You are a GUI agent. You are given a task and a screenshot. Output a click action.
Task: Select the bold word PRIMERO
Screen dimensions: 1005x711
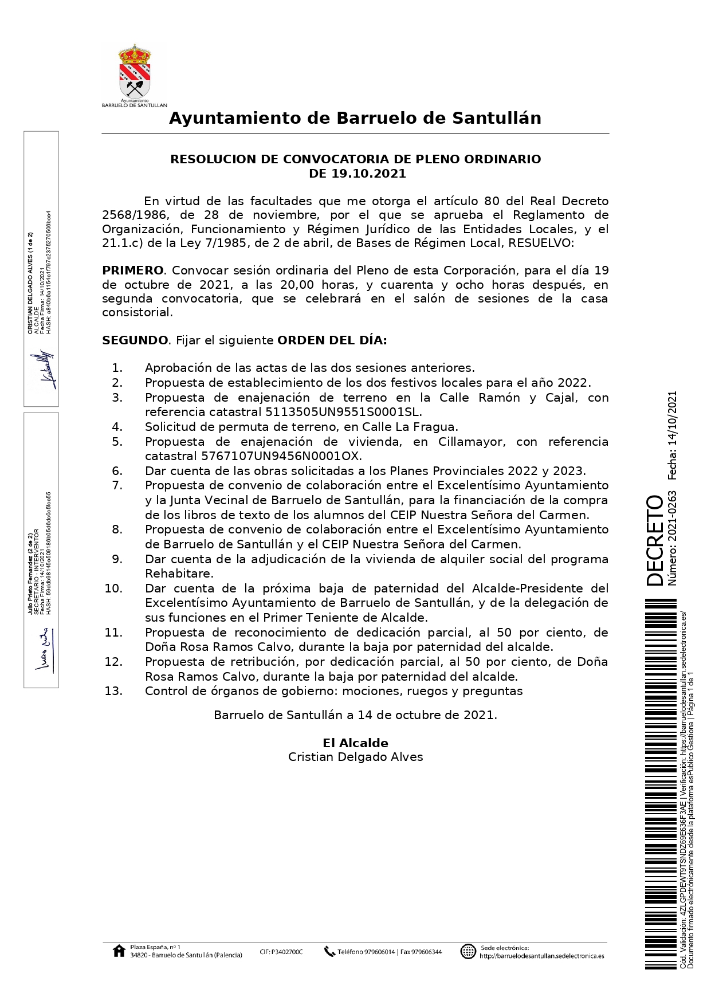[x=132, y=270]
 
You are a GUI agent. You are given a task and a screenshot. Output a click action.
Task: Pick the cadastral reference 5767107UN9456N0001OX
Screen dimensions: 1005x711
[x=282, y=456]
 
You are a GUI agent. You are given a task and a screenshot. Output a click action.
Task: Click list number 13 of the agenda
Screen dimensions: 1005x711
[x=113, y=691]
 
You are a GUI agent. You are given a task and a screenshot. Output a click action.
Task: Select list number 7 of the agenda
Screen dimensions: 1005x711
[x=117, y=485]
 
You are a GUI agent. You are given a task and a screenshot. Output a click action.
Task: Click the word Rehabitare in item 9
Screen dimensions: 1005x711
[x=179, y=574]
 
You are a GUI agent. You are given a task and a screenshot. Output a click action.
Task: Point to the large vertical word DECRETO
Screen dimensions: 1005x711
[x=654, y=541]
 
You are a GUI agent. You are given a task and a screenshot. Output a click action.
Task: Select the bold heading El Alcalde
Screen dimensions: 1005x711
[x=355, y=743]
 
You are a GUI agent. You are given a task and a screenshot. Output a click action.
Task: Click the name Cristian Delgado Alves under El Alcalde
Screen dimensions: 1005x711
[x=355, y=757]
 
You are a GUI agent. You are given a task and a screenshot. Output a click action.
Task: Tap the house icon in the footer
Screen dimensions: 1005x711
[x=119, y=952]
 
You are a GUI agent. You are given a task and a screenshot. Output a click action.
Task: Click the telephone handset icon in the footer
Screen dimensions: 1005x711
[x=329, y=952]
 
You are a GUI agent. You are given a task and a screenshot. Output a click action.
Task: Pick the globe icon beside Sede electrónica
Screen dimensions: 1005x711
[x=468, y=952]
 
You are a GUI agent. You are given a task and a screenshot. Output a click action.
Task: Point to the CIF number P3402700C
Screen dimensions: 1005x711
[x=281, y=952]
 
